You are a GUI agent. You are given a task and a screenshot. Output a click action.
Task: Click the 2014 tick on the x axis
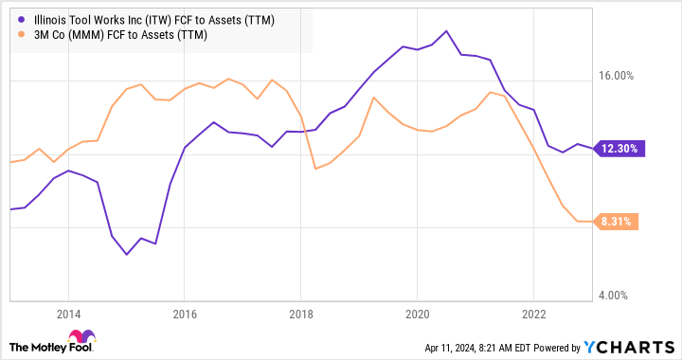[68, 315]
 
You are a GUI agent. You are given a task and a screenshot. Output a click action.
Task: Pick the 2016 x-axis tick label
[185, 315]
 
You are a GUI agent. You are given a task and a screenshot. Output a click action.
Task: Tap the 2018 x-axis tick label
[301, 315]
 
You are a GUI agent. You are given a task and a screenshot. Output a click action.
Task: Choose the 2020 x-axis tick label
[418, 315]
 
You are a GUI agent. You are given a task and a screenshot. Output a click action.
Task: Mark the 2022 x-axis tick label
[534, 315]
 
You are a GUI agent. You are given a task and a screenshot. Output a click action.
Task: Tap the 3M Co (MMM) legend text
[118, 35]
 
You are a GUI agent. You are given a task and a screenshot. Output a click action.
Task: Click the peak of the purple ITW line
[446, 30]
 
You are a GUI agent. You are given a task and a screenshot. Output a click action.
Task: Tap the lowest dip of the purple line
[127, 255]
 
